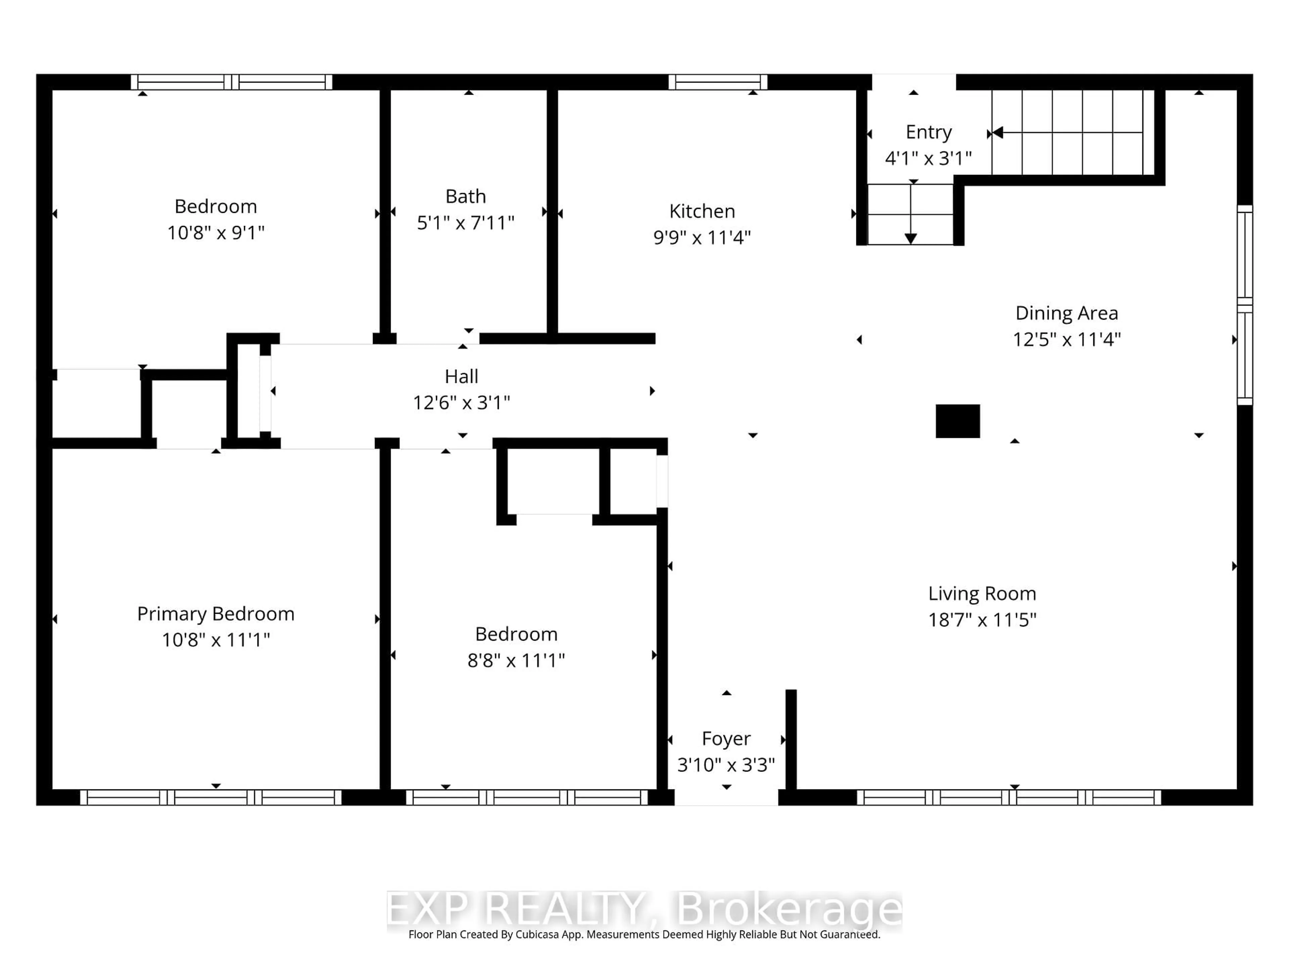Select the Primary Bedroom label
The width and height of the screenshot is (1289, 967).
[x=216, y=614]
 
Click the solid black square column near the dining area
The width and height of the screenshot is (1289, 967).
[x=957, y=421]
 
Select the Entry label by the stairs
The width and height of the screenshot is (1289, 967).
[x=928, y=132]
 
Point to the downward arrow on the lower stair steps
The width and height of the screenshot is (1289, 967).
[x=910, y=238]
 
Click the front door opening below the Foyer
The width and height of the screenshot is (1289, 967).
[x=726, y=797]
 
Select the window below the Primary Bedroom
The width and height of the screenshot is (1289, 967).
[x=210, y=797]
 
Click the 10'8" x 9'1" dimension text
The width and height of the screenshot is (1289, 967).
[x=216, y=233]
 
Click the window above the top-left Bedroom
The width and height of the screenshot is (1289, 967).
[x=231, y=82]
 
